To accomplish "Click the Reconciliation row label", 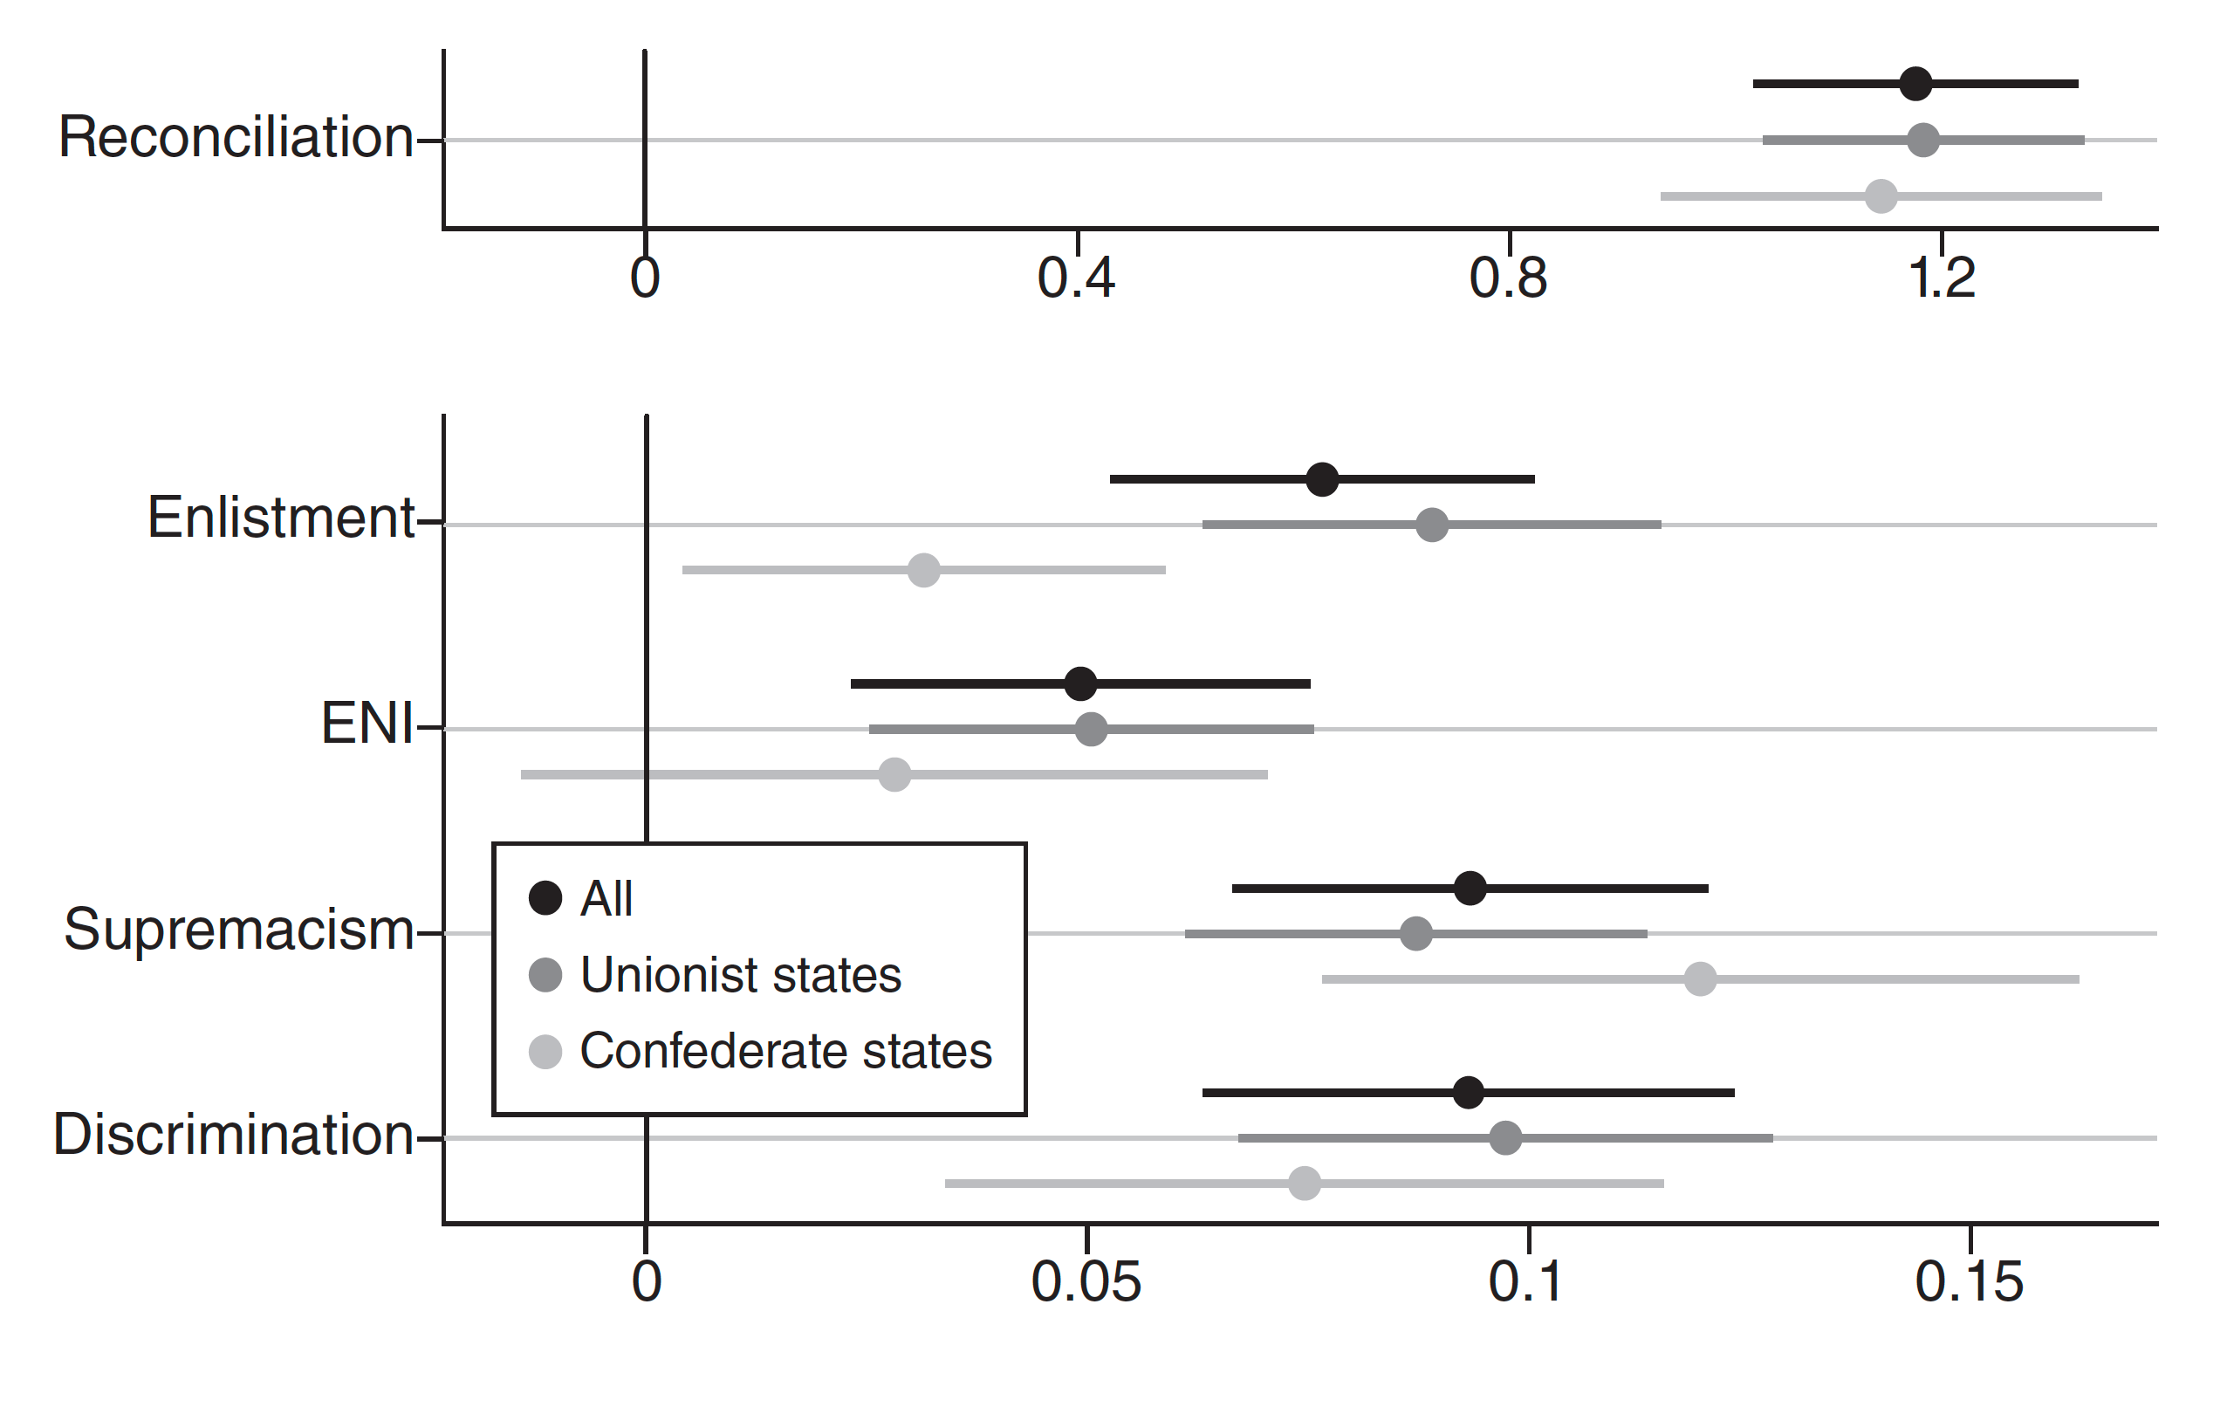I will point(236,138).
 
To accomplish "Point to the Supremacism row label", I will point(238,929).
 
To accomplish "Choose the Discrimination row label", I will point(233,1134).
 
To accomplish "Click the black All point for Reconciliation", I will point(1915,84).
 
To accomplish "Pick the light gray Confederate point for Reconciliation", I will point(1881,196).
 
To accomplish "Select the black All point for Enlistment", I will point(1323,479).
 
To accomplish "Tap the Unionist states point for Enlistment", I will point(1433,525).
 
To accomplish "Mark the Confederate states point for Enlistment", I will point(924,570).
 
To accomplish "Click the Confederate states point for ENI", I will point(894,774).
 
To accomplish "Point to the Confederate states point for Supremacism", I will point(1700,978).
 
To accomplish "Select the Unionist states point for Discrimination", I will point(1505,1138).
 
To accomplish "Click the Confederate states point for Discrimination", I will point(1305,1184).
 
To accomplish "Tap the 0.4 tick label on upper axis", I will point(1077,278).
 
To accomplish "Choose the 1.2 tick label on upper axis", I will point(1943,278).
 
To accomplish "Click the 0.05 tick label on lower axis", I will point(1086,1282).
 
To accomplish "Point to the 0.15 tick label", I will point(1970,1282).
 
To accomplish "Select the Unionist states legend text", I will point(740,975).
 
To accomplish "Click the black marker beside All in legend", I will point(545,898).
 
